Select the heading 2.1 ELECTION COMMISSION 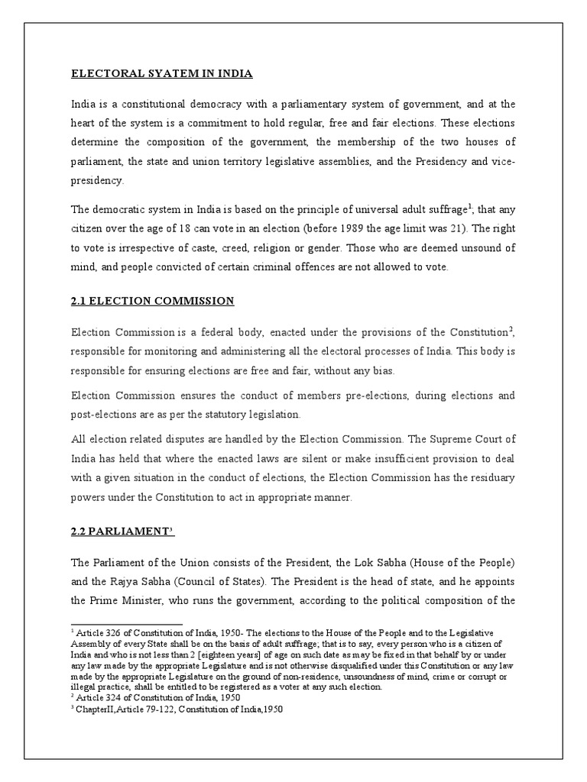coord(152,301)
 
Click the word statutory coord(216,414)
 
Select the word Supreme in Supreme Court coord(461,439)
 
